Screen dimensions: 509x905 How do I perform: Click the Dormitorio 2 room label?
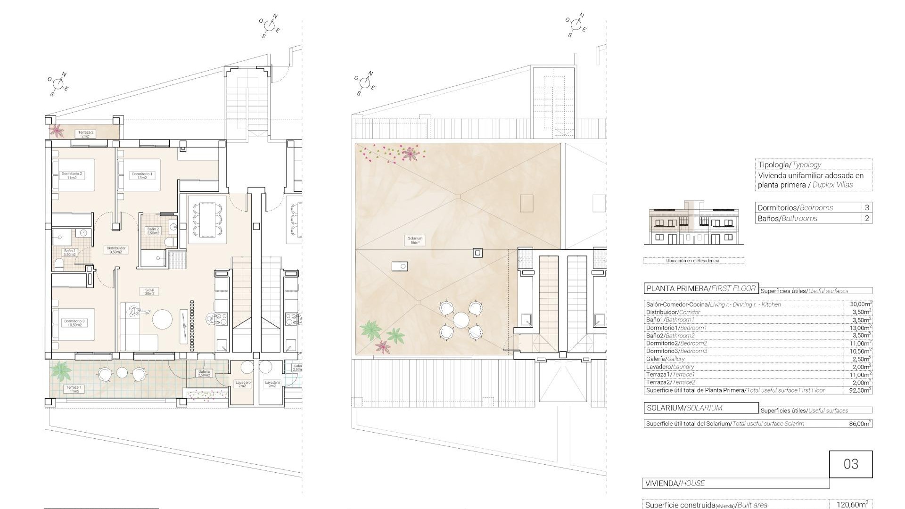[x=72, y=175]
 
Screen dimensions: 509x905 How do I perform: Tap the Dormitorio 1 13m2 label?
[x=142, y=176]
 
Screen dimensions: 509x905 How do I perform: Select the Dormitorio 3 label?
[x=74, y=323]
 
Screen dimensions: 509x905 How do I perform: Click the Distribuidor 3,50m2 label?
[x=116, y=250]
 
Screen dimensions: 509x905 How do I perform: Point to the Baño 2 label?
[x=154, y=231]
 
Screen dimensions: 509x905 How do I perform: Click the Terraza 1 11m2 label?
[x=74, y=389]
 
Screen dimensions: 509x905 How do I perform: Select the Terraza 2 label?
[x=85, y=134]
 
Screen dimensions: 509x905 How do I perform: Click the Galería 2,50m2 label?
[x=204, y=373]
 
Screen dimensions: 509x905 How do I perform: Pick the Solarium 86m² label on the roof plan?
[x=415, y=240]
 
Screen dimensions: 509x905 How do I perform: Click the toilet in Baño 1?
[x=59, y=264]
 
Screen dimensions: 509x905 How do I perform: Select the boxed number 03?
[x=851, y=464]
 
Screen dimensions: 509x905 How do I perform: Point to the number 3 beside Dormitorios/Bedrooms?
[x=867, y=207]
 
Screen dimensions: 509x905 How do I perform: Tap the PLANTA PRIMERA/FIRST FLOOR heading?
[x=701, y=288]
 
